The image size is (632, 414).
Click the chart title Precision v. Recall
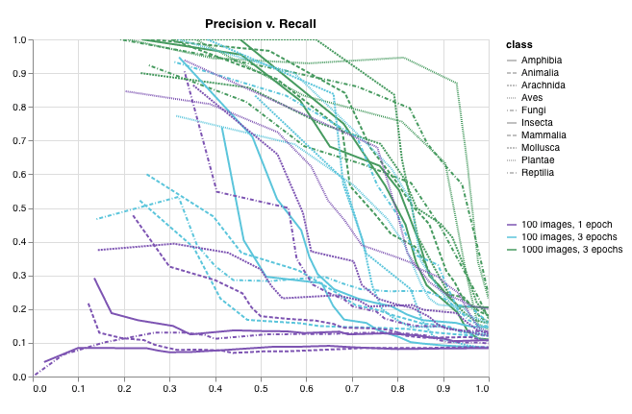[x=261, y=23]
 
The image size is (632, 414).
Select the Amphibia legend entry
[x=541, y=61]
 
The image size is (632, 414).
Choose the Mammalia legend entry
[x=544, y=135]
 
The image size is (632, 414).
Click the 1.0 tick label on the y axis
[x=19, y=40]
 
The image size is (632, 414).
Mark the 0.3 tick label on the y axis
[x=19, y=276]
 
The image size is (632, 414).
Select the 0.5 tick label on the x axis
[x=264, y=389]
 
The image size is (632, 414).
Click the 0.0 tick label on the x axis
[x=38, y=389]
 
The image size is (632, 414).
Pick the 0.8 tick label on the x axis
[x=398, y=389]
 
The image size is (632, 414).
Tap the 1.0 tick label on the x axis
[x=487, y=389]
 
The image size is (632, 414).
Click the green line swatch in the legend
[x=516, y=249]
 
